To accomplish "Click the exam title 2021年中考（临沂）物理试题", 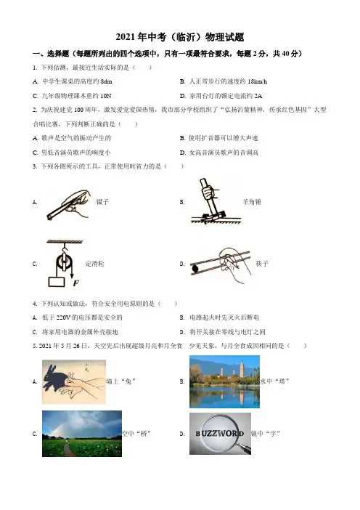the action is [180, 37].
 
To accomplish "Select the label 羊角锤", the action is [252, 202].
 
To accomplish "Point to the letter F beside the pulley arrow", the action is [75, 283].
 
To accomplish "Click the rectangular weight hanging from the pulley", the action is [57, 282].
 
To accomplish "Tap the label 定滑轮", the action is [94, 264].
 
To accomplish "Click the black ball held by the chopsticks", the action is [195, 268].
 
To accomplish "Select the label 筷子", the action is [262, 264].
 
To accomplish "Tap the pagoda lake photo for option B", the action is [224, 381].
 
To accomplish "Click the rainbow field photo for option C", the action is [82, 434].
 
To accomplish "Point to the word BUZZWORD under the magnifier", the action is [220, 434].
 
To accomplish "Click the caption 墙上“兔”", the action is [120, 381].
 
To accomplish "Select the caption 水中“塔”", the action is [274, 381].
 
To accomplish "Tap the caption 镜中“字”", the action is [266, 434].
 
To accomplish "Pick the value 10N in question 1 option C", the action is [106, 96].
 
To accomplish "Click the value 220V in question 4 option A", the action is [63, 317].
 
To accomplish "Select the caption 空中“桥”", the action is [136, 434].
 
